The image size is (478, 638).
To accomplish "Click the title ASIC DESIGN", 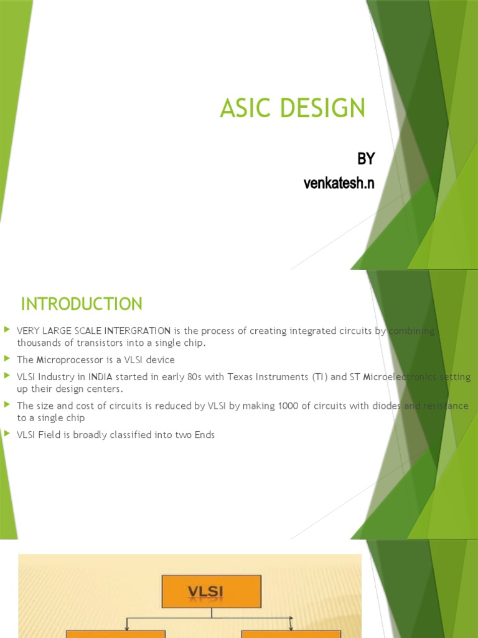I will pyautogui.click(x=293, y=109).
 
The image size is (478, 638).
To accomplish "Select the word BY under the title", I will pyautogui.click(x=366, y=159).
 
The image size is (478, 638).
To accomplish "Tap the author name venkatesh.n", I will pyautogui.click(x=339, y=183).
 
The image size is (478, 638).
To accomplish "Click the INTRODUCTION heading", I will pyautogui.click(x=82, y=304).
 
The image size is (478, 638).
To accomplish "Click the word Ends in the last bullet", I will pyautogui.click(x=204, y=435).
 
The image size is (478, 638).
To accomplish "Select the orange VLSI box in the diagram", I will pyautogui.click(x=211, y=591).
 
